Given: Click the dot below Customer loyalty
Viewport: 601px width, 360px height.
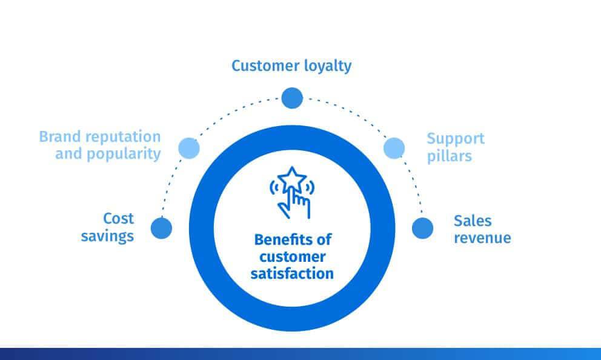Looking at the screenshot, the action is coord(292,98).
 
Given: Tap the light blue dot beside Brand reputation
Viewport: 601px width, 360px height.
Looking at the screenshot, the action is coord(189,148).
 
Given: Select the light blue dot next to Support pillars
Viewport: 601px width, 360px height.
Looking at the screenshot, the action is coord(394,148).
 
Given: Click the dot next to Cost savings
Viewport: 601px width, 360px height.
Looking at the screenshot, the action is coord(161,228).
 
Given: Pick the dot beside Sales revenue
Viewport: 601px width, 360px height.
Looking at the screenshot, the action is coord(422,228).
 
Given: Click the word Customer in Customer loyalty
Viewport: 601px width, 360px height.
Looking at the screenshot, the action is coord(265,65).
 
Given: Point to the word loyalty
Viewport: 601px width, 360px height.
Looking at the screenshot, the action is coord(328,66).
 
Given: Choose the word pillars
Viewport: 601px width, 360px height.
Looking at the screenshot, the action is coord(449,156).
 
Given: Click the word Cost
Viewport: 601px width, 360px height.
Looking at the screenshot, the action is coord(118,219).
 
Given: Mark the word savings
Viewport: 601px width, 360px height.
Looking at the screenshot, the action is coord(107,236).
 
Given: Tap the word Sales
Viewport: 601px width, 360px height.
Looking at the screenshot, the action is coord(473,221).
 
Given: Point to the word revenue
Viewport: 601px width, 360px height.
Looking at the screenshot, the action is coord(483,238).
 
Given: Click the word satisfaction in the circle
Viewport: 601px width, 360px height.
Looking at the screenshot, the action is coord(292,274).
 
